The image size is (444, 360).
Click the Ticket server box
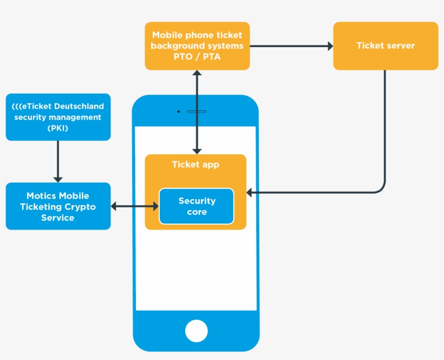(386, 46)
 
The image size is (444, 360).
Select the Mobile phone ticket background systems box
(197, 46)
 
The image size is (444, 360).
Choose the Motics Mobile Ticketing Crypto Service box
(58, 206)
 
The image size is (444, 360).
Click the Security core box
(197, 206)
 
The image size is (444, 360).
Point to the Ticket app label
(195, 165)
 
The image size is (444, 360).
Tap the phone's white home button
(196, 331)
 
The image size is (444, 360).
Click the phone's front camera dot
(178, 112)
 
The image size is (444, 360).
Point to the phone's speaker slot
(197, 112)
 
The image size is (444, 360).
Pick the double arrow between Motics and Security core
(135, 206)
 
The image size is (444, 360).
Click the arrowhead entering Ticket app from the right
(250, 192)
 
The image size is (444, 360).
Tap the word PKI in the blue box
(58, 128)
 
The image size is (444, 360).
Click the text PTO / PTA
(197, 57)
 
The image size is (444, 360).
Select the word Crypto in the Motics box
(80, 207)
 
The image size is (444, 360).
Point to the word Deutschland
(79, 106)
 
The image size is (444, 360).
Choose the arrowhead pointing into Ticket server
(330, 46)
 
